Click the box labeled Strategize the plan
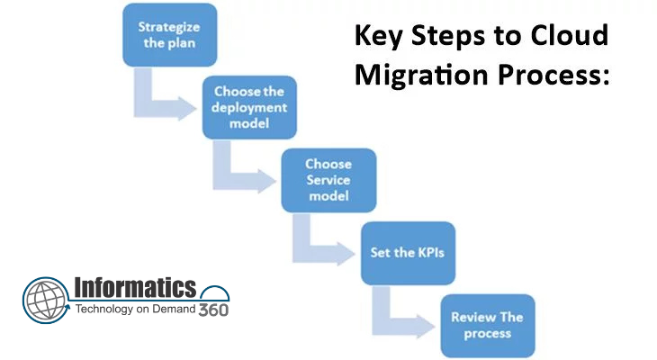pos(170,35)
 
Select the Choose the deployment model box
pos(249,107)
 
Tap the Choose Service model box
pos(328,180)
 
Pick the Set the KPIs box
pos(408,253)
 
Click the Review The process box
pos(488,326)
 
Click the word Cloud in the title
pos(570,35)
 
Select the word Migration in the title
pos(421,75)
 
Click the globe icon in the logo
pos(46,300)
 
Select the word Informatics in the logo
pos(135,287)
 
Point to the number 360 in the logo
pos(213,310)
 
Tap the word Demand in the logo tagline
pos(174,309)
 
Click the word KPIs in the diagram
pos(428,253)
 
